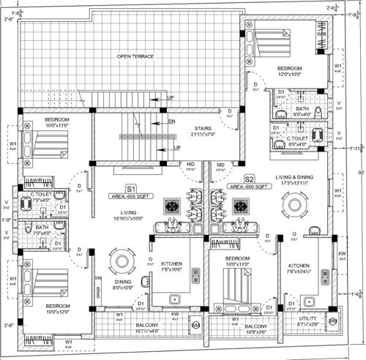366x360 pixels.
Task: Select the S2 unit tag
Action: pos(249,179)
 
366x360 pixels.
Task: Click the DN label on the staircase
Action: pos(171,121)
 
